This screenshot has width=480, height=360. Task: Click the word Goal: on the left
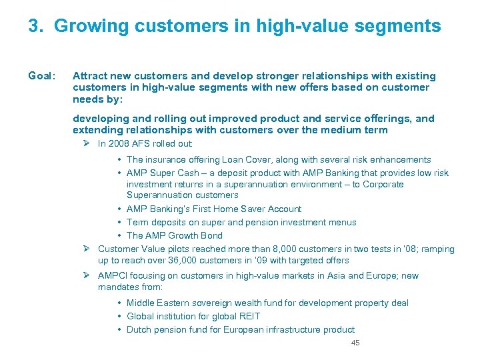click(x=42, y=76)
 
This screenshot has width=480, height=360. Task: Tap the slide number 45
click(x=355, y=343)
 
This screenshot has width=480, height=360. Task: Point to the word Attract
click(x=91, y=76)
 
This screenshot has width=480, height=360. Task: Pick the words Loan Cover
click(x=241, y=159)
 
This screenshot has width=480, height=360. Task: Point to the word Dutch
click(x=139, y=329)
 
